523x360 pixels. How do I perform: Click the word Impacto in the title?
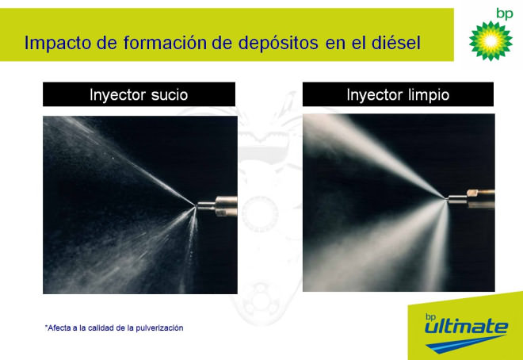(x=58, y=43)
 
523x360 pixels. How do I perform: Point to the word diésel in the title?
(x=396, y=43)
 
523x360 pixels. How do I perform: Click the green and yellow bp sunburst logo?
(x=491, y=41)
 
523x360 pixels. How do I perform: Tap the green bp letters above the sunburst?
(x=504, y=14)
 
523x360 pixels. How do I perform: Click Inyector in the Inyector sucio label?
(x=118, y=95)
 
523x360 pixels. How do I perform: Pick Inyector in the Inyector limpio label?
(x=375, y=95)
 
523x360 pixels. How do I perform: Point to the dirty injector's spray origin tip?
(x=195, y=206)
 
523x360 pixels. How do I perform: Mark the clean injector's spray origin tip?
(x=445, y=198)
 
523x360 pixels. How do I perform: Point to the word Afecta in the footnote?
(x=58, y=328)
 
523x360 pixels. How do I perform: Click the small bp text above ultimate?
(x=430, y=316)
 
